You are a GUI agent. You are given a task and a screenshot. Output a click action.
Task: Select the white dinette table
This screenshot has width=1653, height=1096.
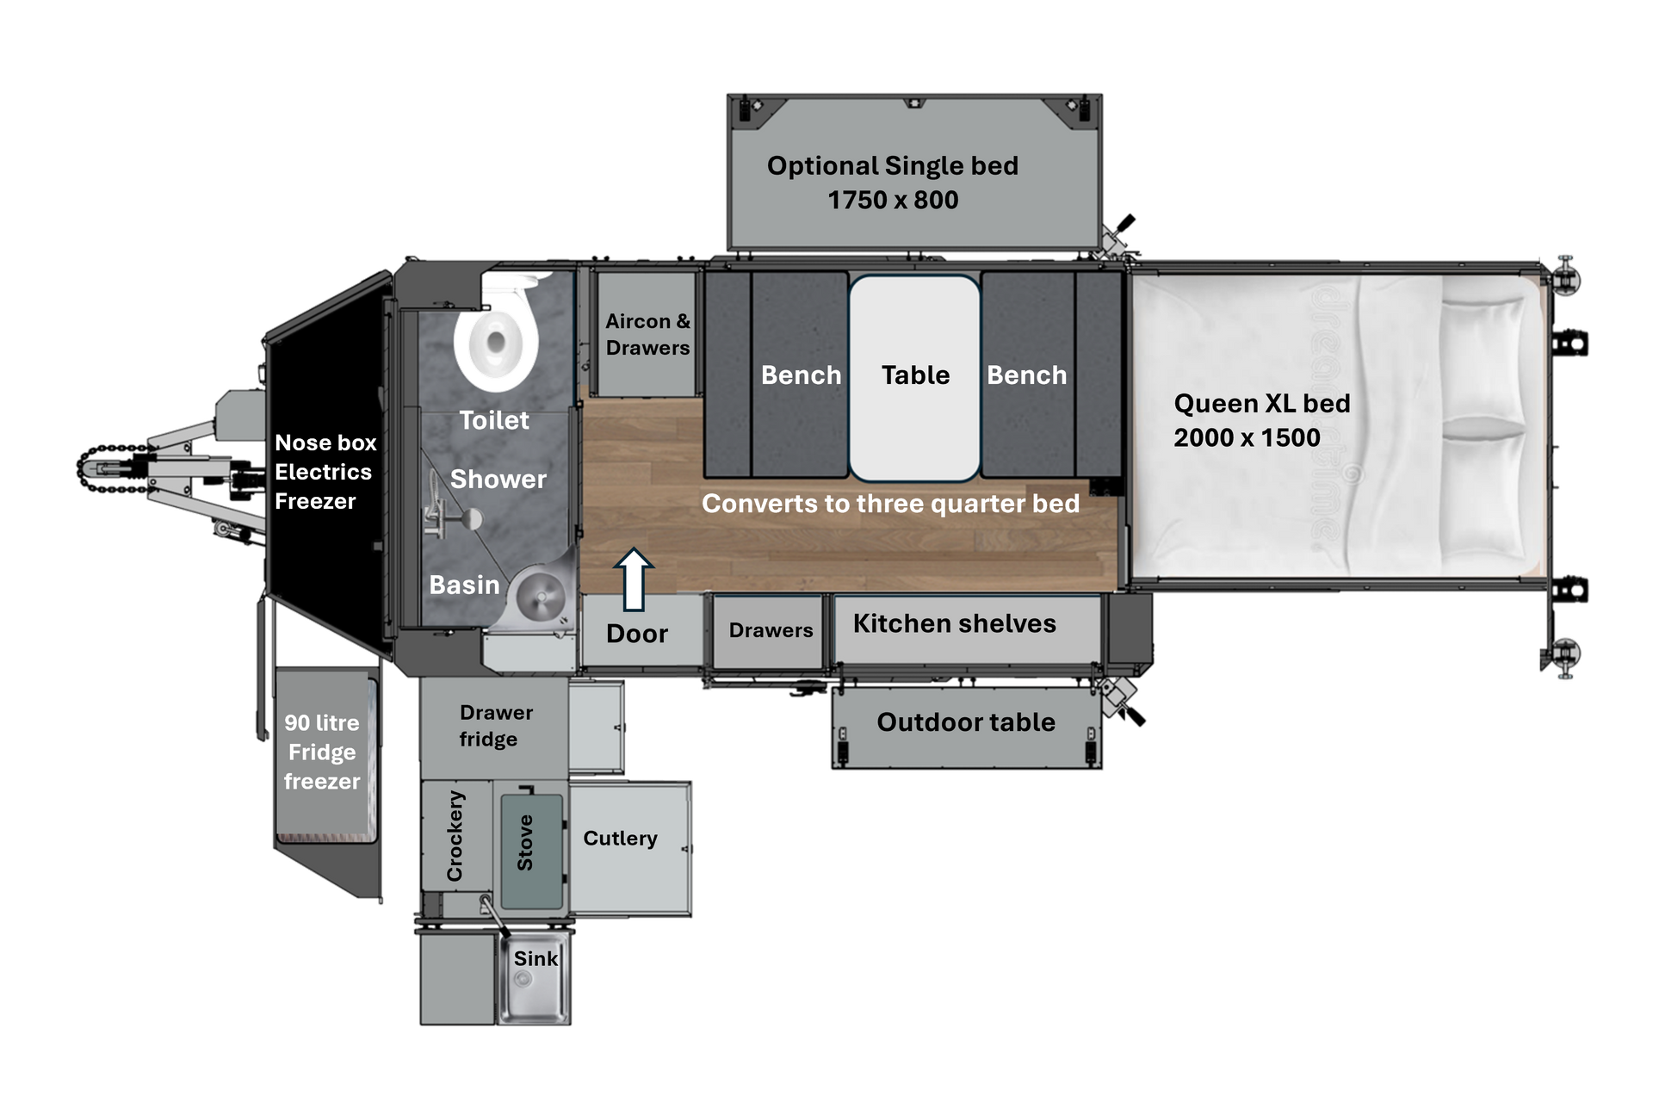914,377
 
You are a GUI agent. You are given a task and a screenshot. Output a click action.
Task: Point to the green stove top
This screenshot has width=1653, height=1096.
531,851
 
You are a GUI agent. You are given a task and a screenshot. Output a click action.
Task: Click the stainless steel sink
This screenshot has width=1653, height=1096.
535,979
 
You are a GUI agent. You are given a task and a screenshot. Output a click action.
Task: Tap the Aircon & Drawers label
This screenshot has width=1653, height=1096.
647,334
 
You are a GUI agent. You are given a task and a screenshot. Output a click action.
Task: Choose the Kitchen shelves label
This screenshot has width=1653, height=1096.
954,623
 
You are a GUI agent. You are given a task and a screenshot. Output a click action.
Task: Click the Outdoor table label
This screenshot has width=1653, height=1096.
966,721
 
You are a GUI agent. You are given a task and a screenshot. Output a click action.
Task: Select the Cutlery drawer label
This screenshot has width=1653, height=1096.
620,839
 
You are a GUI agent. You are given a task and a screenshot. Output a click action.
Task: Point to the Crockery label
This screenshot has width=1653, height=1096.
455,836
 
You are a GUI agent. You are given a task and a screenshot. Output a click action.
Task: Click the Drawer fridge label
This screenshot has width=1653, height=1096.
495,726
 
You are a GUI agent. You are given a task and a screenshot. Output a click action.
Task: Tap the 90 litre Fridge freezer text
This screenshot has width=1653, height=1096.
322,752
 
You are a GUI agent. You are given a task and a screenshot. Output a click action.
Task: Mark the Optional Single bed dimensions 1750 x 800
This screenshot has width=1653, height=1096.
893,200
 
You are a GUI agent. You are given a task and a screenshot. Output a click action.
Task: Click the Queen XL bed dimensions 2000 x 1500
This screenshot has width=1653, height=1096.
1247,437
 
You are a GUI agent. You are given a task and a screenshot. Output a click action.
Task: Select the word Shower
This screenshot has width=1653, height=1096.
498,479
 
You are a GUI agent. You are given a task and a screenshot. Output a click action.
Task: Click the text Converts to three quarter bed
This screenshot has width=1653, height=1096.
890,504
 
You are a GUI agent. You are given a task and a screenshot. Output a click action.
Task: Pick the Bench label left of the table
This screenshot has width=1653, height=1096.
801,375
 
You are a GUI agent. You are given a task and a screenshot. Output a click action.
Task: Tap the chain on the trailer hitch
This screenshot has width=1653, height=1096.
112,469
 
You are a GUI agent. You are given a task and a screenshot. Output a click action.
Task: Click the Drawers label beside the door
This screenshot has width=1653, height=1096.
771,630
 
